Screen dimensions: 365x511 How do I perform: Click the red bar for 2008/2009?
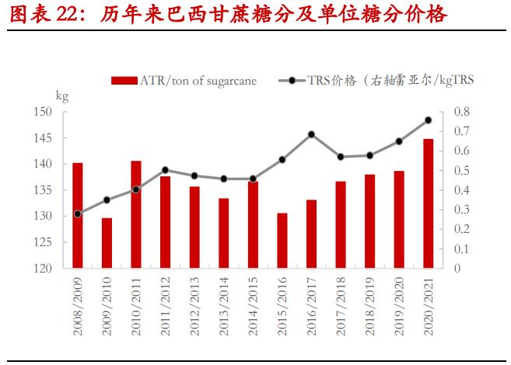pyautogui.click(x=78, y=216)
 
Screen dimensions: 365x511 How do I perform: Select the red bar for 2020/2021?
pyautogui.click(x=428, y=203)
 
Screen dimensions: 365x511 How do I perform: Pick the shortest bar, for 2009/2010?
pyautogui.click(x=107, y=243)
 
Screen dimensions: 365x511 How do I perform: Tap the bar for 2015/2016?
pyautogui.click(x=282, y=241)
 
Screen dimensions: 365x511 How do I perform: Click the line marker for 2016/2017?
pyautogui.click(x=311, y=134)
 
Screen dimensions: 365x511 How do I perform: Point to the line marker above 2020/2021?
pyautogui.click(x=428, y=120)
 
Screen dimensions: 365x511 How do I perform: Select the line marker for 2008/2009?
pyautogui.click(x=78, y=214)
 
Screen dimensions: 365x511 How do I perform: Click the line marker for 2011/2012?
pyautogui.click(x=165, y=170)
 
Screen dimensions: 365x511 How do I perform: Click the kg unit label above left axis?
pyautogui.click(x=62, y=96)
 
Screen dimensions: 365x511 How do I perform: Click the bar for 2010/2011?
pyautogui.click(x=136, y=214)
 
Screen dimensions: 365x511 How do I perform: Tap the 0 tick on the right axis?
pyautogui.click(x=455, y=269)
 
